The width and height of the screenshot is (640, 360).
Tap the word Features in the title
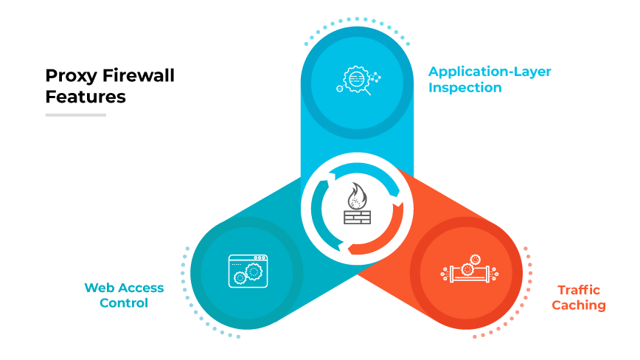[86, 97]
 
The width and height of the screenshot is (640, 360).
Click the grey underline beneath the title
[75, 115]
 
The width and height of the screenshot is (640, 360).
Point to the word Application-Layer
[490, 72]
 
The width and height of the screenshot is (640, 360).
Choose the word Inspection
[465, 88]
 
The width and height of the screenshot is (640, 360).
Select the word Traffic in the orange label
[579, 290]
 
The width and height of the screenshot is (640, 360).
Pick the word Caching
[579, 305]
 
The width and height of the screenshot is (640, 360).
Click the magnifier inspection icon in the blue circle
[358, 78]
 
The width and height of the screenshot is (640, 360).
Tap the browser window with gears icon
[248, 270]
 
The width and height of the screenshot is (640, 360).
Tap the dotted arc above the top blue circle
[358, 20]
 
